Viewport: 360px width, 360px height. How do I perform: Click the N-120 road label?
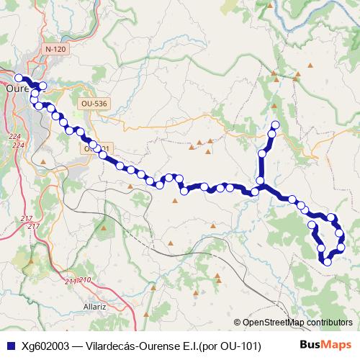coord(54,49)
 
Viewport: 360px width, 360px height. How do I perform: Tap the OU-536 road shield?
coord(94,104)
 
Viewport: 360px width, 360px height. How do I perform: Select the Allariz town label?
coord(95,306)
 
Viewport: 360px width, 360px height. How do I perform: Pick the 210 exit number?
coord(85,279)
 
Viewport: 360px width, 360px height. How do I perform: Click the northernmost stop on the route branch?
coord(274,126)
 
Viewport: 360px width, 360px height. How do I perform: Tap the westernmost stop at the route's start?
coord(18,78)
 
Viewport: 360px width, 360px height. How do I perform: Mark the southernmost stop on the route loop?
coord(328,261)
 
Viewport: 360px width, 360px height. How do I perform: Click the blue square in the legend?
coord(10,346)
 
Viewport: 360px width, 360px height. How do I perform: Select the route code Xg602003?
coord(46,346)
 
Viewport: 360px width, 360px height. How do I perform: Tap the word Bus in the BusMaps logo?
coord(310,345)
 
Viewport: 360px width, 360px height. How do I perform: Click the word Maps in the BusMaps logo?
coord(337,345)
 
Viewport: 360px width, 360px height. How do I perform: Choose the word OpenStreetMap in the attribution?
coord(277,323)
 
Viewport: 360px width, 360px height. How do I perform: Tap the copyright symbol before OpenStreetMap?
coord(237,323)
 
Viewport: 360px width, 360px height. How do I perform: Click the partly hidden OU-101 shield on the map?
coord(99,148)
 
